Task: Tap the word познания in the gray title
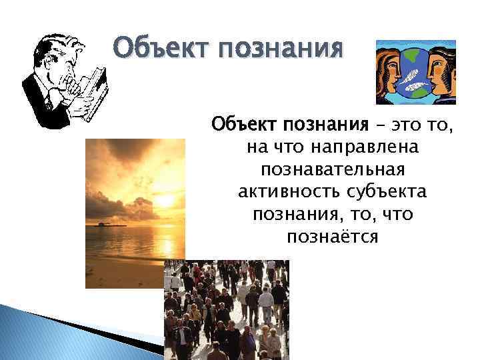280,50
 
